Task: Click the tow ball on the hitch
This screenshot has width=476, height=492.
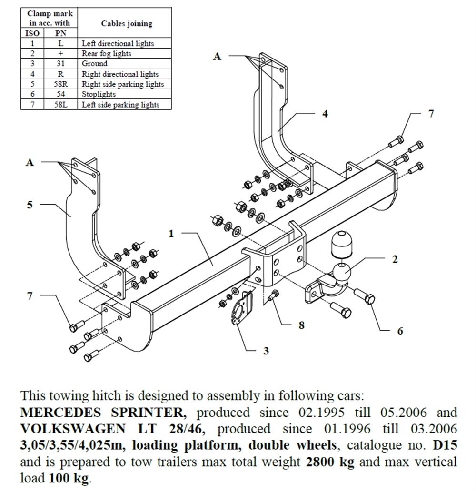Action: [341, 273]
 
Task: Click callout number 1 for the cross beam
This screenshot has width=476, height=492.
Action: [171, 234]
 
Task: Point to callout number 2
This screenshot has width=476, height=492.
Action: [394, 259]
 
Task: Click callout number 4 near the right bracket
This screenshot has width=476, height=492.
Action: [325, 114]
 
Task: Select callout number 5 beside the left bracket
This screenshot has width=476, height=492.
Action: [30, 205]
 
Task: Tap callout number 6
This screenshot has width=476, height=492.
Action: [400, 330]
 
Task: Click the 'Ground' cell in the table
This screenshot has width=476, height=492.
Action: [95, 63]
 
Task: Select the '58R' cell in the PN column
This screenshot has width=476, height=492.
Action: [60, 84]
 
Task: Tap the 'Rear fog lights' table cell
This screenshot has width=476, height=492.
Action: [107, 53]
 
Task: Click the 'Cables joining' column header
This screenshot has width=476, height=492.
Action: [127, 24]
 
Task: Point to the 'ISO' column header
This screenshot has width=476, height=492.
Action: [31, 33]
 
